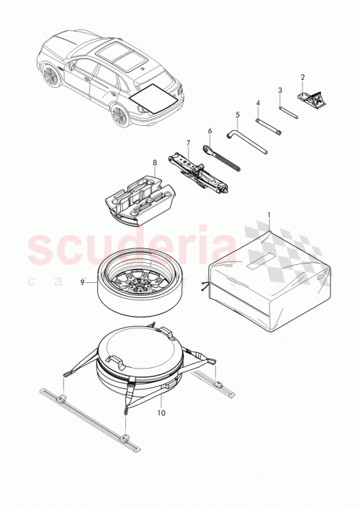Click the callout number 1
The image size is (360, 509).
coord(269,215)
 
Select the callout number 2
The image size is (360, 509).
coord(302,77)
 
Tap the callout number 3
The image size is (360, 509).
coord(279,90)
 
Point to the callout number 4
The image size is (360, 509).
coord(257,103)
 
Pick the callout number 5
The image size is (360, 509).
coord(237,114)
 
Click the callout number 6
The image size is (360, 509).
coord(210,131)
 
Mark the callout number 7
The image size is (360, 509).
coord(188,143)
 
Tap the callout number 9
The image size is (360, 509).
coord(84,284)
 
